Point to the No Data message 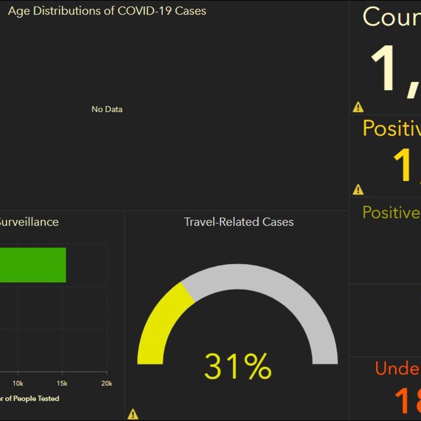point(107,109)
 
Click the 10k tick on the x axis point(18,383)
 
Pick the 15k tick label point(62,383)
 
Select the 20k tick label point(106,383)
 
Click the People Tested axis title point(32,398)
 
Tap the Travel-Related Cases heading point(238,222)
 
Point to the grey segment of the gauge point(279,295)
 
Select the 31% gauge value point(238,366)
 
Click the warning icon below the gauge point(133,414)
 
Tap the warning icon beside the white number point(358,107)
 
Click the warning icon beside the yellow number point(358,189)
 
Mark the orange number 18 point(407,401)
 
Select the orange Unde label point(397,368)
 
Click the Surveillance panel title point(29,222)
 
